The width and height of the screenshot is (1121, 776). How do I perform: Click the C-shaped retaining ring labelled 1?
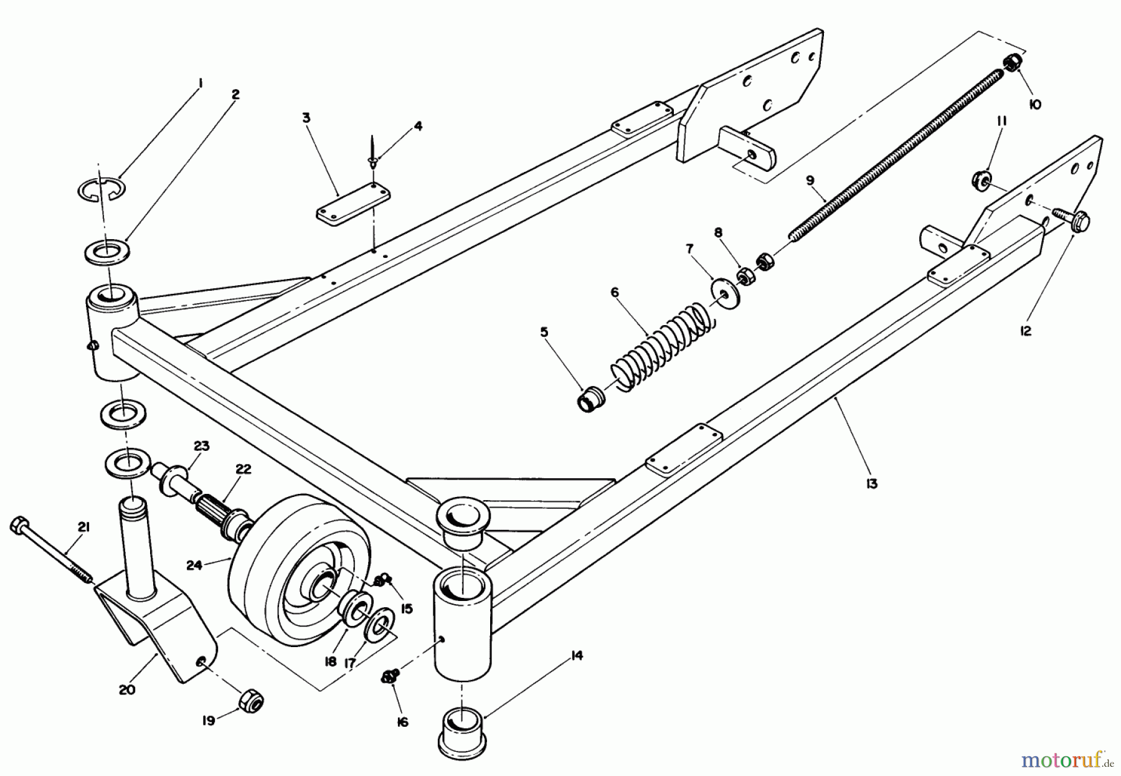(102, 189)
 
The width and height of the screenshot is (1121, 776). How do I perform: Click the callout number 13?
(871, 483)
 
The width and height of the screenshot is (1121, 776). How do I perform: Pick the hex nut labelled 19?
(250, 703)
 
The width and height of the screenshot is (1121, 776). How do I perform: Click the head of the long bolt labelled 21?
(18, 526)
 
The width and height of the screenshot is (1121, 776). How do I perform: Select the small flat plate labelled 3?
(352, 205)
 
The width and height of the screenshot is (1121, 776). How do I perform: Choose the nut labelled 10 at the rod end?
(1013, 63)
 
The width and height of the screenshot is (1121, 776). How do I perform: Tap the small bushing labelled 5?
(590, 399)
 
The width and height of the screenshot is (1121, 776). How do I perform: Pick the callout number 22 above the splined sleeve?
(243, 468)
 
